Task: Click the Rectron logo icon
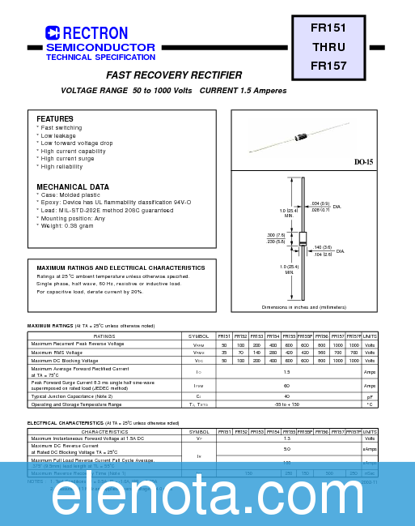pos(53,33)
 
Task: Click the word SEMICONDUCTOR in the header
pos(100,48)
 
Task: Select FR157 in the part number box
pos(328,66)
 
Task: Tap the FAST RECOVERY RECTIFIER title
pos(174,75)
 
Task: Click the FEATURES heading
pos(55,119)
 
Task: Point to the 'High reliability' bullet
pos(61,167)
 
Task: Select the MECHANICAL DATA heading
pos(73,187)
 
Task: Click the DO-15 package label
pos(363,162)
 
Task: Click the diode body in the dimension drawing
pos(303,238)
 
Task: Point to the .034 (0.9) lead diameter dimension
pos(320,203)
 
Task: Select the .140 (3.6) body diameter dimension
pos(322,247)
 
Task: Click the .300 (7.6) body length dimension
pos(276,235)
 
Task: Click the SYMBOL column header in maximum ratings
pos(198,336)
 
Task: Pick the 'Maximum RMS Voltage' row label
pos(57,353)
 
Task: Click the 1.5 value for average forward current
pos(286,372)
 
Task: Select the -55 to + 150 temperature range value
pos(286,404)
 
